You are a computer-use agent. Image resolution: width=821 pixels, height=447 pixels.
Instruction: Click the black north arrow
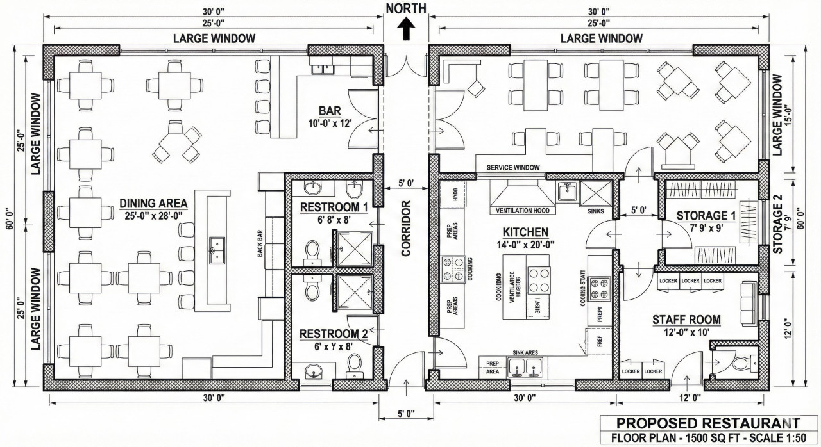[405, 29]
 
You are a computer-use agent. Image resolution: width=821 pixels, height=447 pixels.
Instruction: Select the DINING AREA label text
[153, 204]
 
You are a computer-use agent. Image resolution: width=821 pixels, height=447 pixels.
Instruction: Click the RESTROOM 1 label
[334, 207]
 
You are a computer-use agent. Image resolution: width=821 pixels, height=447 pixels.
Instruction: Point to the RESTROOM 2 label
[334, 334]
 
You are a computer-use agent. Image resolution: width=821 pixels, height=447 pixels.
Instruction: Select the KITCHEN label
[525, 232]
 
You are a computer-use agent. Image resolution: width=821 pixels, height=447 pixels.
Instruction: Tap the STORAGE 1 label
[702, 215]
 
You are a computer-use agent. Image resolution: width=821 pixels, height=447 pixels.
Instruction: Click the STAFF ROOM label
[686, 320]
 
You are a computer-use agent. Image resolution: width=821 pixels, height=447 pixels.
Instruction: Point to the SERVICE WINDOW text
[512, 167]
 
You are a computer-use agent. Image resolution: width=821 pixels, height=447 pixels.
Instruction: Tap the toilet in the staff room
[741, 364]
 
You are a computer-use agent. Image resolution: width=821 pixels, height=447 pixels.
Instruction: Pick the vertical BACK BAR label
[261, 243]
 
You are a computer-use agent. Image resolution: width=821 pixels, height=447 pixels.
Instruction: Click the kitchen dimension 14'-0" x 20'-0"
[525, 244]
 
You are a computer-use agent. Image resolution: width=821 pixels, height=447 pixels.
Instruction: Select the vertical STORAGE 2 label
[778, 224]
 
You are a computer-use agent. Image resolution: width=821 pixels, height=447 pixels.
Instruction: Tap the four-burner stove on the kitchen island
[539, 280]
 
